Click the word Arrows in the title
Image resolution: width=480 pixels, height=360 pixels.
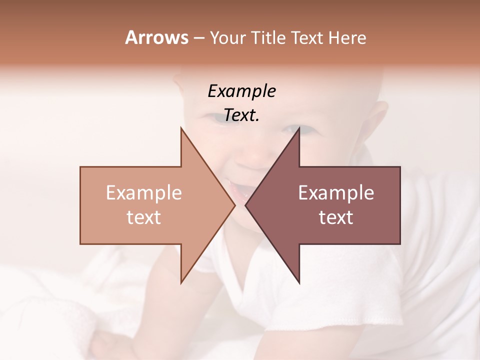156,37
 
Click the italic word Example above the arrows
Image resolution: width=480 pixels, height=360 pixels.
242,91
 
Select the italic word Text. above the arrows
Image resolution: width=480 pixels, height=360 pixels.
242,115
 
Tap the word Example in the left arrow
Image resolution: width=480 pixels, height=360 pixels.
144,193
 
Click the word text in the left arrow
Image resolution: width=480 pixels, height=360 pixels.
144,217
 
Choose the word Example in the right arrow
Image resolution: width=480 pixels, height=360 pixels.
336,193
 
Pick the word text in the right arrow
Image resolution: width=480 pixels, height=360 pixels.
336,217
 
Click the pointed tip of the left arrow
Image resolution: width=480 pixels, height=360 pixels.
234,205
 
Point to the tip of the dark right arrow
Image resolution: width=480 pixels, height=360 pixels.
245,205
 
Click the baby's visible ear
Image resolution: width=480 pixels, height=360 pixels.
379,120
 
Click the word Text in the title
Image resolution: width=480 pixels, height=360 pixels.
307,37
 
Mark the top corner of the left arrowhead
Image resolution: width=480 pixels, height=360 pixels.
181,128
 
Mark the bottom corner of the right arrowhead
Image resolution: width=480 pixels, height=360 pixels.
299,283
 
